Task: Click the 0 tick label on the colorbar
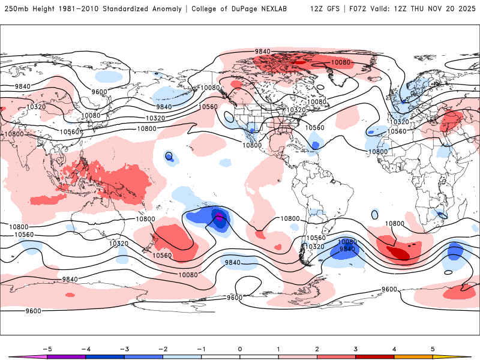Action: [240, 349]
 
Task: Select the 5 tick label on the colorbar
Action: [433, 349]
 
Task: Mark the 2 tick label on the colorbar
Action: [317, 349]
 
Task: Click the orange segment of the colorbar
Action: [413, 356]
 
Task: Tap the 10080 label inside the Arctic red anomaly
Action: [340, 62]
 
